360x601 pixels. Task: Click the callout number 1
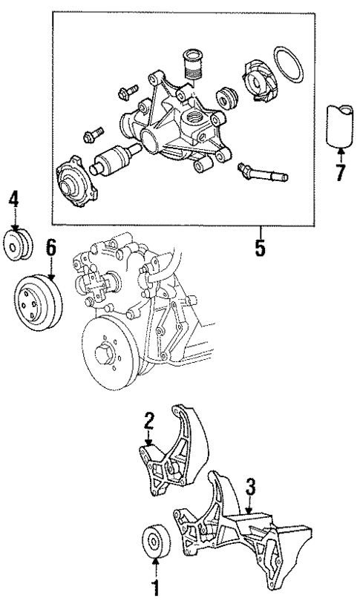pyautogui.click(x=157, y=591)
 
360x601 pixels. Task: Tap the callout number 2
pyautogui.click(x=149, y=421)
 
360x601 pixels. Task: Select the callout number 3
pyautogui.click(x=251, y=487)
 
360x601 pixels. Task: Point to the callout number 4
pyautogui.click(x=14, y=199)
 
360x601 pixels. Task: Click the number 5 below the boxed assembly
pyautogui.click(x=261, y=246)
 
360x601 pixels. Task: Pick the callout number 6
pyautogui.click(x=50, y=248)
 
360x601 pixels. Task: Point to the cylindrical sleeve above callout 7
pyautogui.click(x=341, y=125)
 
